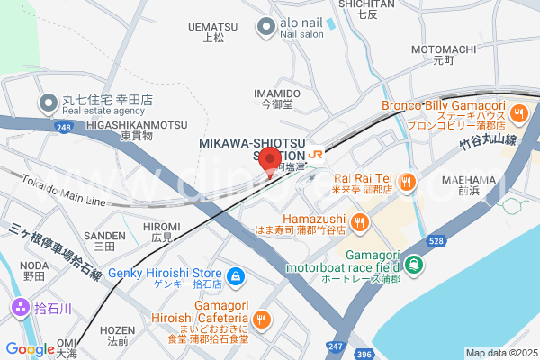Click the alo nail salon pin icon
point(265,28)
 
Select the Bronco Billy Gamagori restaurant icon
point(518,114)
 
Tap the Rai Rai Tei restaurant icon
point(406,184)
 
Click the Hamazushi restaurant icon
point(359,221)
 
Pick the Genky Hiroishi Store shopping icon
point(235,274)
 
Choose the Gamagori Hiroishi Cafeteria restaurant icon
point(262,318)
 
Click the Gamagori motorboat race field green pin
point(413,265)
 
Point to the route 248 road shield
point(62,127)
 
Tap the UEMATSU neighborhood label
point(212,27)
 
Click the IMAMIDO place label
point(277,94)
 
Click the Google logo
point(31,348)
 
